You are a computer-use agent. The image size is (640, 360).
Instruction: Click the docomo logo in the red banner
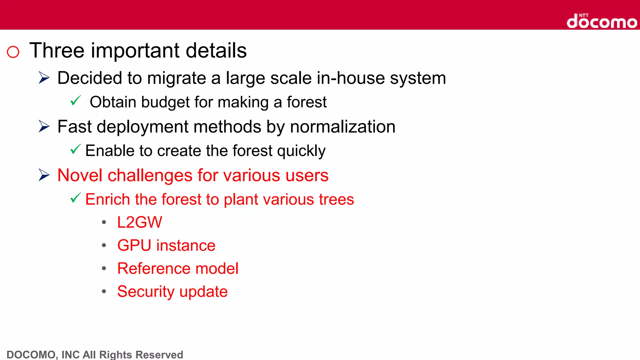click(x=602, y=21)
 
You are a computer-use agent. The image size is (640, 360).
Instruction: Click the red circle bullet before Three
click(x=13, y=52)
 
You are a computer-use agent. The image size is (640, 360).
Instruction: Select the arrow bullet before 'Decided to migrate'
click(x=44, y=77)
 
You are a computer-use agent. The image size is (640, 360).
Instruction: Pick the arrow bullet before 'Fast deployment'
click(x=44, y=126)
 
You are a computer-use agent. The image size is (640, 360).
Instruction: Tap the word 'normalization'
click(x=342, y=127)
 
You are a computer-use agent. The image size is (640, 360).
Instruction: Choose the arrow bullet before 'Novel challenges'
click(x=44, y=175)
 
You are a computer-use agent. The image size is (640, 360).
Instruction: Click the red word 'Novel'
click(x=80, y=175)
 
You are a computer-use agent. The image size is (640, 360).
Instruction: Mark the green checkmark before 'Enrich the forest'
click(x=76, y=198)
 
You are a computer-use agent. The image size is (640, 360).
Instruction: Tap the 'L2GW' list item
click(x=140, y=222)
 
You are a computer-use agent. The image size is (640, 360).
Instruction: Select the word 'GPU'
click(x=134, y=246)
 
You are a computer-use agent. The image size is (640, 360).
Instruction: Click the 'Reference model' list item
click(x=178, y=268)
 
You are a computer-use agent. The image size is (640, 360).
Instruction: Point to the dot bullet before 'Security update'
click(x=104, y=291)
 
